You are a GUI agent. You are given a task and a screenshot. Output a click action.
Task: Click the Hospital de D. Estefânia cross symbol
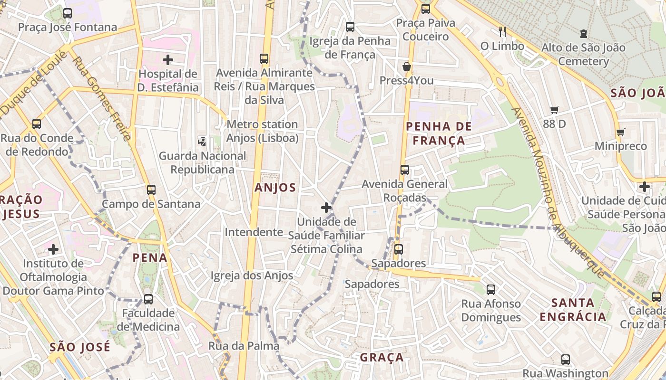coord(167,60)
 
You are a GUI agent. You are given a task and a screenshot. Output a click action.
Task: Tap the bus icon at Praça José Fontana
coord(68,13)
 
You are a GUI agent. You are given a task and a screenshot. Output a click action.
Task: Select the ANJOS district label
coord(275,188)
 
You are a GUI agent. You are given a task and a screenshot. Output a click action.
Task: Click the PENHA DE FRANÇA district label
coord(439,133)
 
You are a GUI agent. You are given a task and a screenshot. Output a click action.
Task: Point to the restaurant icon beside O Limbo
coord(502,32)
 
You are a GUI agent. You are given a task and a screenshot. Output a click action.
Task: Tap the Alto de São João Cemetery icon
coord(583,34)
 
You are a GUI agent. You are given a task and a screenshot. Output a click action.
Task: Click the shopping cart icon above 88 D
coord(554,110)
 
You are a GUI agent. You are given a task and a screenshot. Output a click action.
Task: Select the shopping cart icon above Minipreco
coord(620,132)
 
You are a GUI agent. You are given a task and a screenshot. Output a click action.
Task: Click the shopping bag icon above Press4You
coord(406,66)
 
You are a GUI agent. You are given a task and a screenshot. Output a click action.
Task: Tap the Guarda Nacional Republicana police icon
coord(202,142)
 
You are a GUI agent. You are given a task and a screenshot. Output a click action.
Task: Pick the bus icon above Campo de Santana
coord(151,190)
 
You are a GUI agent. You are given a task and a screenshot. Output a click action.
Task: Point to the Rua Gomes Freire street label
coord(101,99)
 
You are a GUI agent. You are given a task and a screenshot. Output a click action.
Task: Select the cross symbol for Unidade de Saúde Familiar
coord(326,208)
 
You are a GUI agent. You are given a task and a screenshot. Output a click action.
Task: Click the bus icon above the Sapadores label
coord(399,249)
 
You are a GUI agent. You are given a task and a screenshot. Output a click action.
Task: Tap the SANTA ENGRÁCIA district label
coord(573,310)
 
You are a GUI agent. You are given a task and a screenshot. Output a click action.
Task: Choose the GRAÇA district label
coord(382,357)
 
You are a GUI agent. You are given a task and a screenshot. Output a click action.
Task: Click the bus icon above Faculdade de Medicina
coord(148,299)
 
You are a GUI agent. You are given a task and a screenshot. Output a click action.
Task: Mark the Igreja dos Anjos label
coord(252,275)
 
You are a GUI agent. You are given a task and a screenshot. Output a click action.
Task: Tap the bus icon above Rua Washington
coord(565,360)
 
